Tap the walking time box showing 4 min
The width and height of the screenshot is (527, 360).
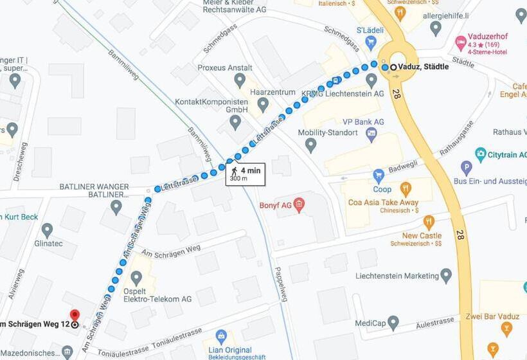click(245, 174)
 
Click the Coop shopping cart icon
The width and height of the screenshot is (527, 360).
click(379, 175)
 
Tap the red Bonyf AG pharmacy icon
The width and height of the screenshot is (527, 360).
click(299, 205)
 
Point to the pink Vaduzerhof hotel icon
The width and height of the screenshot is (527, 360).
click(460, 42)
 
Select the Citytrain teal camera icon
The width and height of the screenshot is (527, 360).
click(480, 154)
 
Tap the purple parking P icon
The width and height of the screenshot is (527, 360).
click(467, 168)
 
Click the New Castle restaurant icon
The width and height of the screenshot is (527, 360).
click(429, 222)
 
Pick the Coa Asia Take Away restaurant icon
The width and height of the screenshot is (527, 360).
click(406, 189)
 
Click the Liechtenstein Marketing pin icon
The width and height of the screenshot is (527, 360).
click(446, 276)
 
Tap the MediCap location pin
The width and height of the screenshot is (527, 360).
click(393, 323)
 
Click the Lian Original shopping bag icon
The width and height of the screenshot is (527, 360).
click(221, 336)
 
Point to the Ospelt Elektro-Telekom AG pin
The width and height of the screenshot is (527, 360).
click(136, 278)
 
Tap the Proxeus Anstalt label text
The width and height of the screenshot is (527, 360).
click(226, 67)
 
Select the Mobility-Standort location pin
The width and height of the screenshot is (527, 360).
click(311, 145)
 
